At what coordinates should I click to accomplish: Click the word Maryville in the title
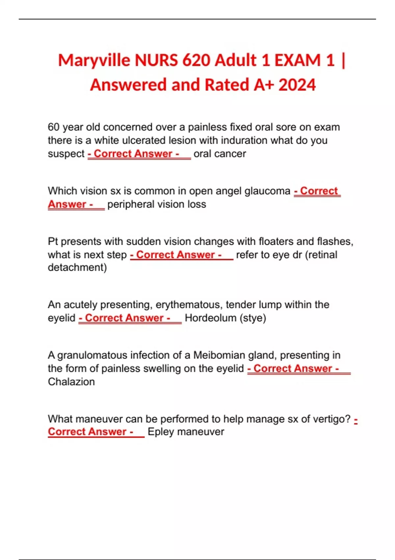pos(94,61)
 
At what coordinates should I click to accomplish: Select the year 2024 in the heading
pos(297,85)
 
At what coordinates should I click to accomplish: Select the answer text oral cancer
pos(220,154)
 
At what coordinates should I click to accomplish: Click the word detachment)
pos(77,267)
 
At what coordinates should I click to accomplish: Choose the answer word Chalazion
pos(71,382)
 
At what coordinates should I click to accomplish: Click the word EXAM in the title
pos(297,60)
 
